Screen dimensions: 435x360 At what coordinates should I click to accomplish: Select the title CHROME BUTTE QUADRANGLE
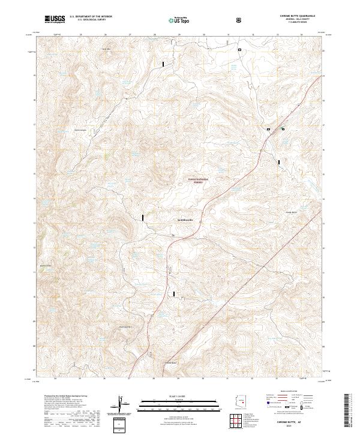(296, 16)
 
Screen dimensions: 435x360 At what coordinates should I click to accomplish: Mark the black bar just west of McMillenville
(143, 218)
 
